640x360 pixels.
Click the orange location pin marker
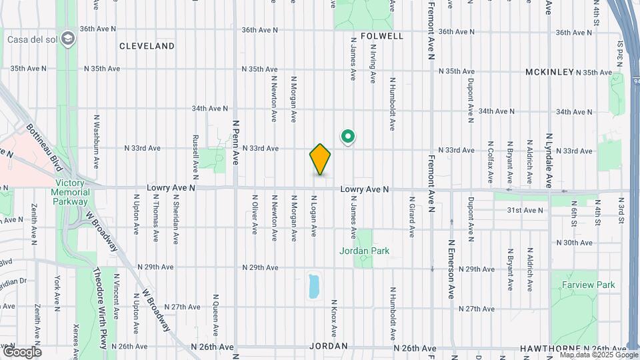320,159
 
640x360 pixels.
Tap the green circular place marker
347,137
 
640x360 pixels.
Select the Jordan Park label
364,251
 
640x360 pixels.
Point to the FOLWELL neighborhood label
382,36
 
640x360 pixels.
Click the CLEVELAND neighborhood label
147,46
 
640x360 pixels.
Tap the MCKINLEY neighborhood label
549,71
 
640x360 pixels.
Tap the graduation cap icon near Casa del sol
67,39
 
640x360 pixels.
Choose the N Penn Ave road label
235,139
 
